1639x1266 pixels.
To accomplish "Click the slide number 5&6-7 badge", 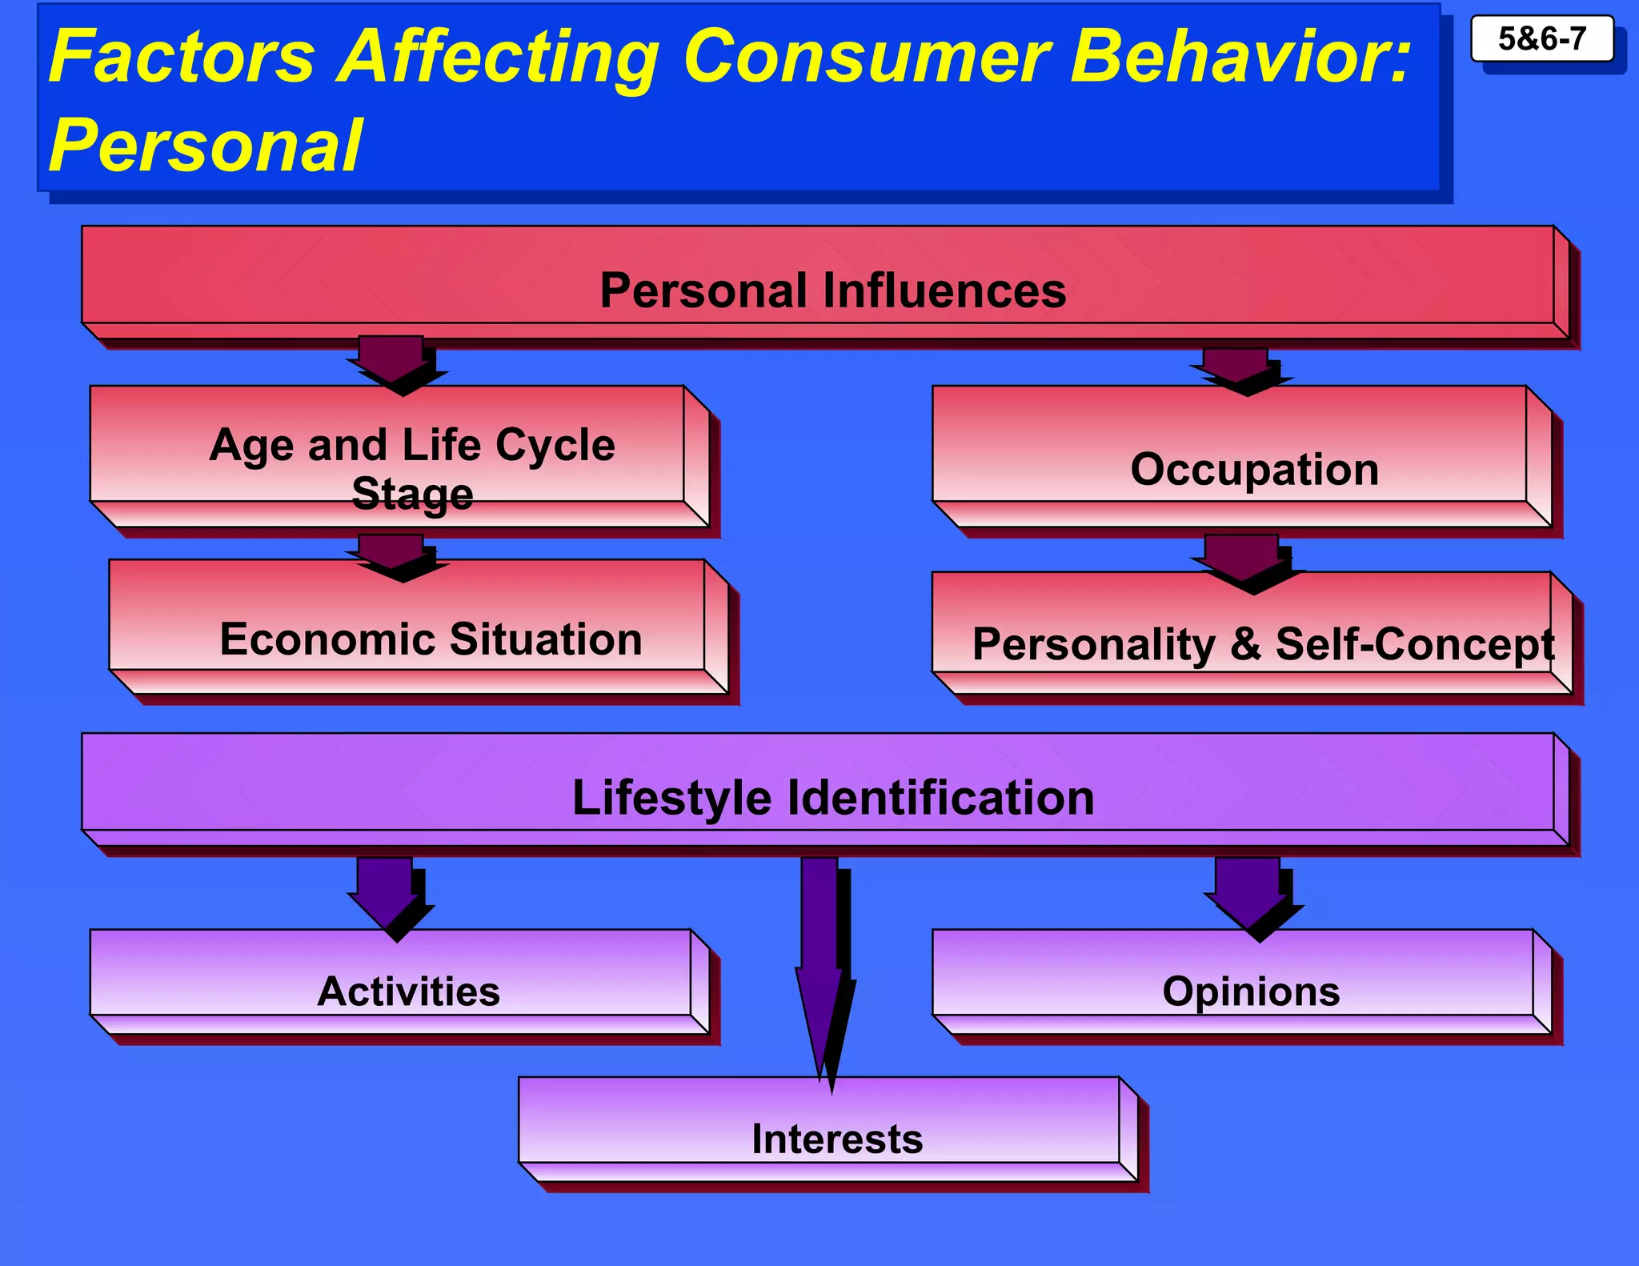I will (x=1541, y=38).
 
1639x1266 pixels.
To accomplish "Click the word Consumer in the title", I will (x=866, y=58).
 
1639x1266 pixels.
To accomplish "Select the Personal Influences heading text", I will (x=832, y=290).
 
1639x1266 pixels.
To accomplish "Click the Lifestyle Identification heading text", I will (x=832, y=797).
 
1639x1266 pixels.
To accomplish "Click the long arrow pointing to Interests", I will (x=821, y=960).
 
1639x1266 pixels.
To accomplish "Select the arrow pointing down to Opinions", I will (x=1248, y=892).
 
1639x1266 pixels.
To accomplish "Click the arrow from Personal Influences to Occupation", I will (x=1237, y=368).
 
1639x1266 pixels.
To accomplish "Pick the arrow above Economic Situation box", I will (x=394, y=554).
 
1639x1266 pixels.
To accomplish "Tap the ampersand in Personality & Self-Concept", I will (x=1245, y=643).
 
